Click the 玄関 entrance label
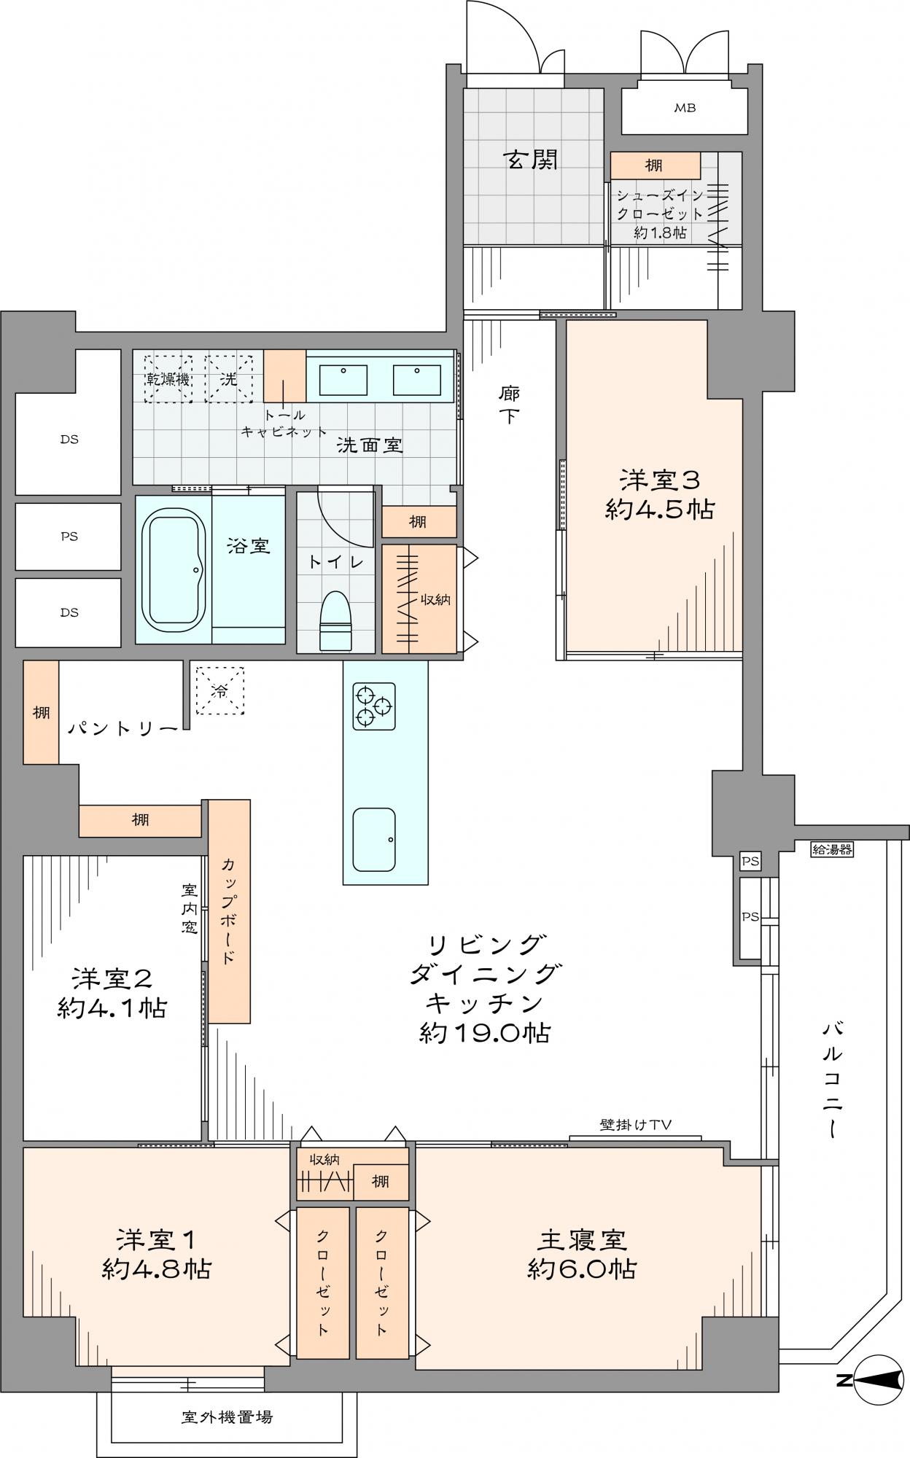click(x=532, y=160)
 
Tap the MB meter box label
click(x=684, y=109)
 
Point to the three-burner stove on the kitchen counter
click(x=374, y=706)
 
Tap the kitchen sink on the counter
click(x=374, y=840)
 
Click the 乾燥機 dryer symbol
click(x=168, y=379)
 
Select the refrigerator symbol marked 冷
click(x=219, y=691)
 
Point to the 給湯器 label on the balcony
click(x=831, y=849)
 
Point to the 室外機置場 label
click(x=227, y=1417)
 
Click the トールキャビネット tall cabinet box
click(x=284, y=376)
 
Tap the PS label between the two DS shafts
click(x=69, y=537)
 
